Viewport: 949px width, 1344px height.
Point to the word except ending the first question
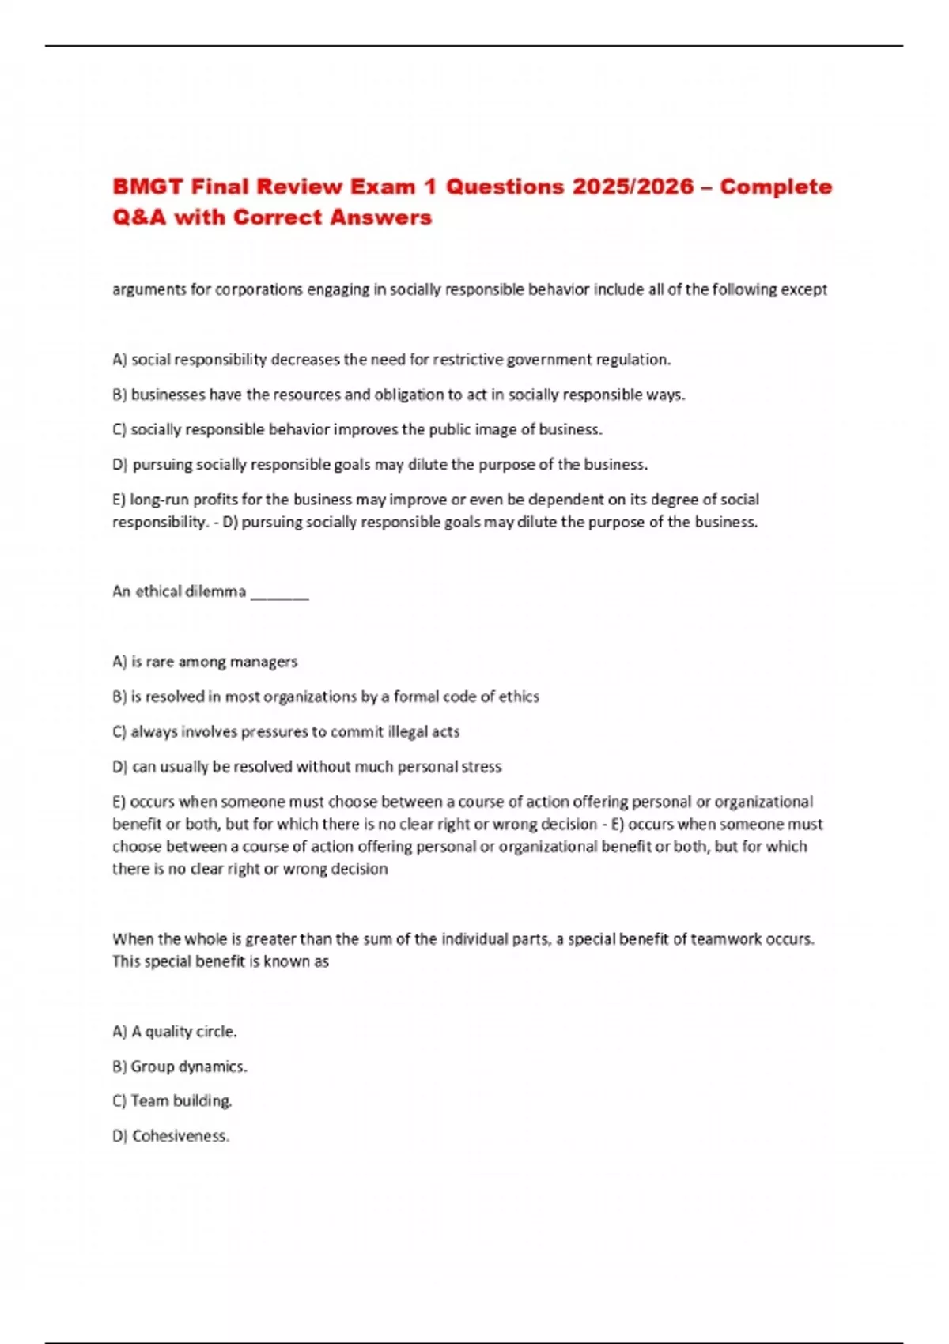click(803, 289)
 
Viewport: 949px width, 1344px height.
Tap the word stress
click(481, 767)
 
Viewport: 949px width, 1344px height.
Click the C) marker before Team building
click(119, 1101)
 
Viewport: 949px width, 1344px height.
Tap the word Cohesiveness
click(180, 1136)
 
